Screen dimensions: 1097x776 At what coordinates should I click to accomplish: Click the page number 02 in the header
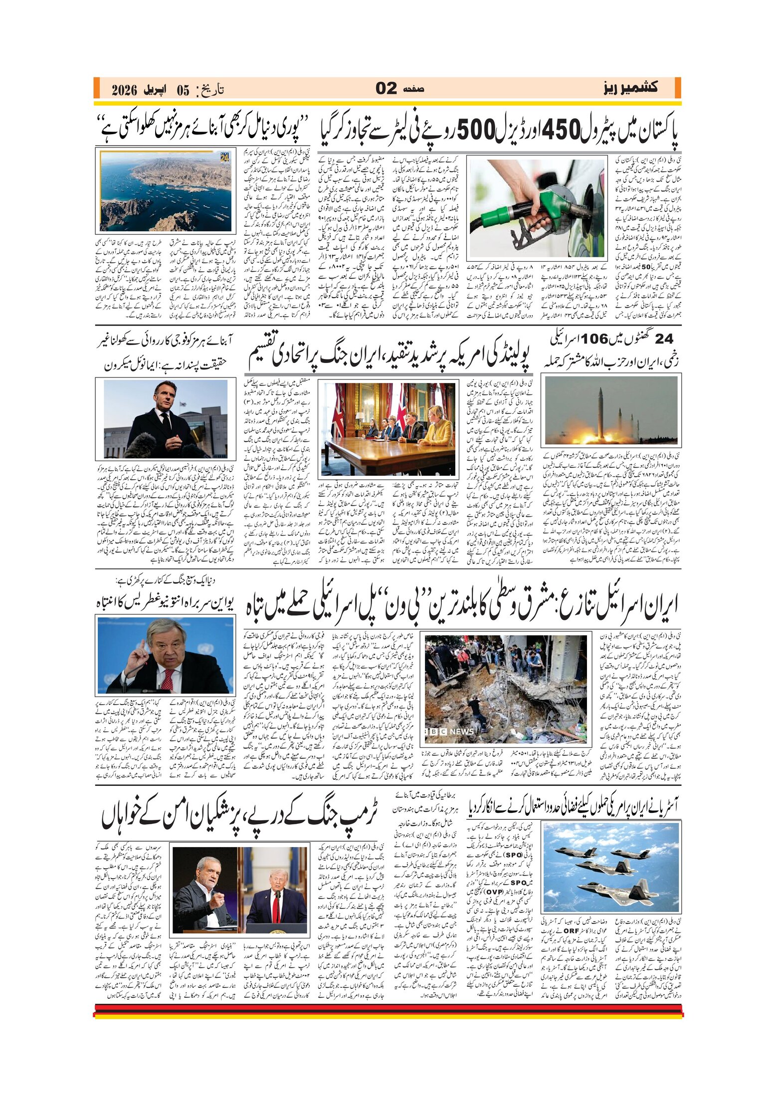[x=387, y=88]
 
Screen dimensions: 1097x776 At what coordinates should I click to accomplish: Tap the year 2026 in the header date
[x=124, y=90]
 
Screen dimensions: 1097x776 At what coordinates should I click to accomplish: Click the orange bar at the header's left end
[x=96, y=88]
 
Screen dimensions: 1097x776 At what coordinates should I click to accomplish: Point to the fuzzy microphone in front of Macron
[x=142, y=443]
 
